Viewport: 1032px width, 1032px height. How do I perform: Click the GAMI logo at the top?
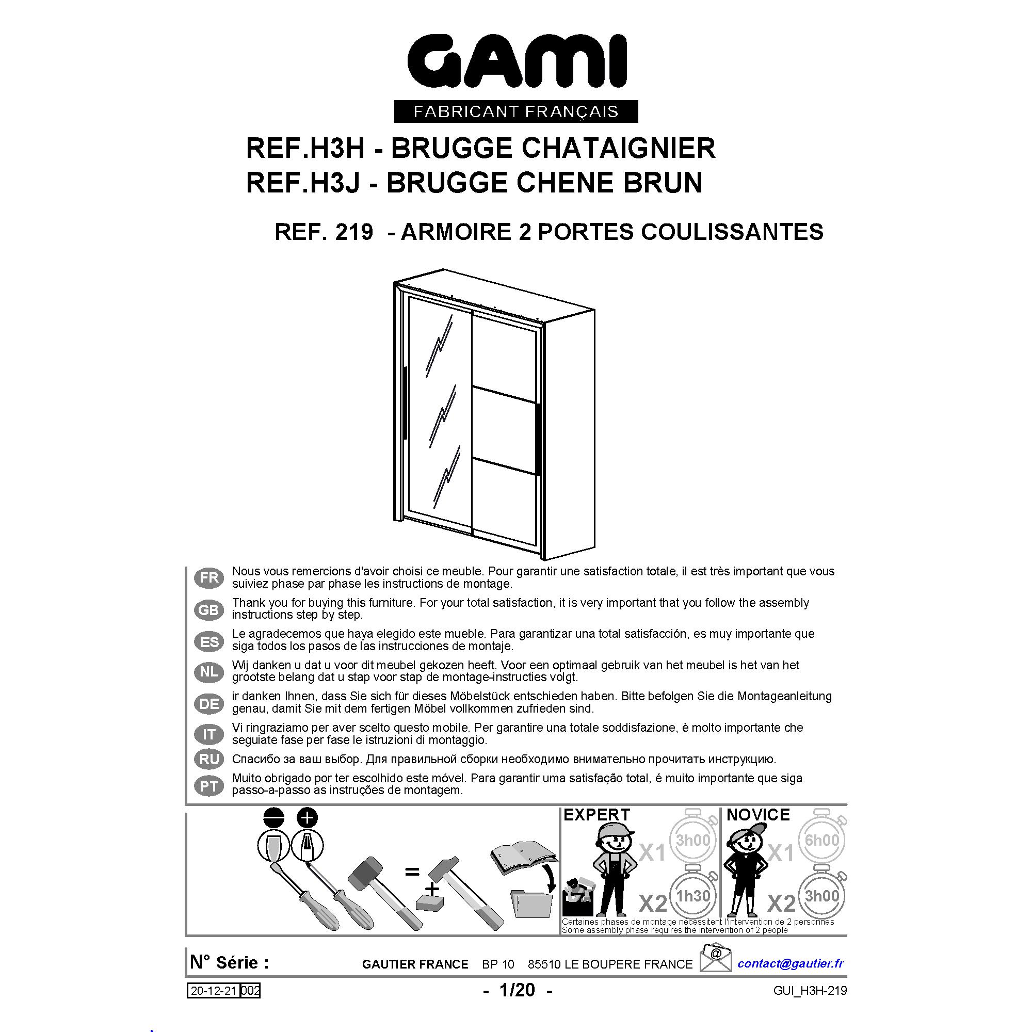[x=517, y=62]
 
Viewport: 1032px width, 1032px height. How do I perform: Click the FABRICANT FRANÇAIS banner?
[x=516, y=111]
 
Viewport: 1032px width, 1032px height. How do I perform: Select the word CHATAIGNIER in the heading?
[x=618, y=148]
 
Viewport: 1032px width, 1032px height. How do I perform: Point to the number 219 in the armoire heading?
[x=354, y=232]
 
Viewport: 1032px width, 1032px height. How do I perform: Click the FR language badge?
[x=209, y=577]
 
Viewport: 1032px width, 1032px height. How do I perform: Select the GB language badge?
[x=209, y=609]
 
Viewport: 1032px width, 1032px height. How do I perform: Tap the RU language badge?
[x=209, y=759]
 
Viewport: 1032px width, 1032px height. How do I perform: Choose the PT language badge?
[x=209, y=786]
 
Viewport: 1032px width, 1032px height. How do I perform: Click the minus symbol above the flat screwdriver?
[x=273, y=818]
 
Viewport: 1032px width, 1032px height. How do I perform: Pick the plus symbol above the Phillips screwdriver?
[x=307, y=818]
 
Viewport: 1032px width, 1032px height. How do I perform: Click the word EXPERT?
[x=596, y=815]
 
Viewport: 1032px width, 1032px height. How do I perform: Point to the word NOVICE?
[x=758, y=815]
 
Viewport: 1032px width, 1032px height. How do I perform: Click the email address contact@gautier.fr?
[x=791, y=963]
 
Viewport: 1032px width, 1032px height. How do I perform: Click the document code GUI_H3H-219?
[x=810, y=991]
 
